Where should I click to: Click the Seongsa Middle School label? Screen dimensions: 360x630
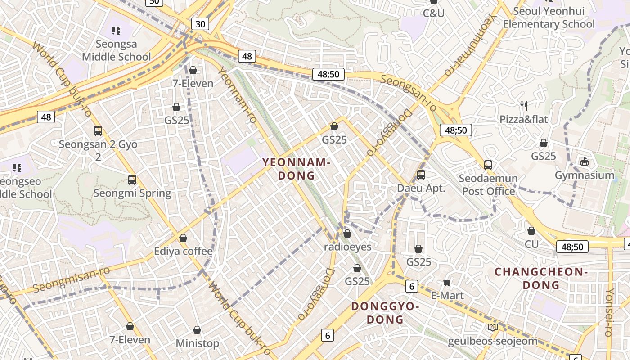[x=116, y=50]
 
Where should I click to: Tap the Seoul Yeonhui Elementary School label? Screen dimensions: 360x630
[x=549, y=18]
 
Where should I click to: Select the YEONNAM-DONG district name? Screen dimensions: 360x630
[x=296, y=169]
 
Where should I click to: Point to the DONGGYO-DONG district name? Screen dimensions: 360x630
[x=385, y=313]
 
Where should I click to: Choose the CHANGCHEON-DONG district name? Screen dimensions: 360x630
[x=541, y=278]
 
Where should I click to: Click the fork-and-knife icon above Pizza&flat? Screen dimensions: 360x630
[x=523, y=106]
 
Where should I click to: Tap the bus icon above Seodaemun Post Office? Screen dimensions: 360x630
[x=488, y=165]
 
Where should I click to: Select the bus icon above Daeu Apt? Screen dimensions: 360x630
[x=421, y=175]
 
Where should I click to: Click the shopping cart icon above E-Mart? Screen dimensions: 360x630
[x=447, y=282]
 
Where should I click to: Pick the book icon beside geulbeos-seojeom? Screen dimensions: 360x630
[x=492, y=328]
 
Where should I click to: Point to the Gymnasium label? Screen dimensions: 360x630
[x=584, y=175]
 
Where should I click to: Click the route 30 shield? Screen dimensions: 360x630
[x=200, y=24]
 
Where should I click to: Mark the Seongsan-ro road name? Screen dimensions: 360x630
[x=409, y=93]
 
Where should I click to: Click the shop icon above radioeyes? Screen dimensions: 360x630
[x=347, y=234]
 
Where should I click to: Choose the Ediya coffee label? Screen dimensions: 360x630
[x=183, y=251]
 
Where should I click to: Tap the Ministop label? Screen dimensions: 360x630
[x=197, y=343]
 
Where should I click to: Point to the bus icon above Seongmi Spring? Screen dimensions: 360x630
[x=132, y=180]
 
